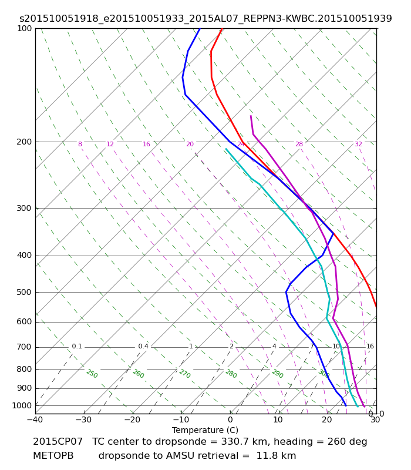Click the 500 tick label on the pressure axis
24,292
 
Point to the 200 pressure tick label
24,142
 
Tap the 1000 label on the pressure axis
22,405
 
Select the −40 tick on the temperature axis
35,420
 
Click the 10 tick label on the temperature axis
278,420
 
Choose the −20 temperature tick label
132,420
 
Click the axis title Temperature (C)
205,430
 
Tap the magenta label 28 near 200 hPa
299,145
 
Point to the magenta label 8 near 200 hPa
80,145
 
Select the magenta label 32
358,145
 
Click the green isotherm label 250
92,374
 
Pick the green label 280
231,374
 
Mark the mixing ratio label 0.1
77,347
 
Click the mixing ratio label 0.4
143,347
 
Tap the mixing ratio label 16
370,347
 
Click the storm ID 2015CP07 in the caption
58,442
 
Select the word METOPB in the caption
53,456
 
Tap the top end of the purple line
251,116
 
